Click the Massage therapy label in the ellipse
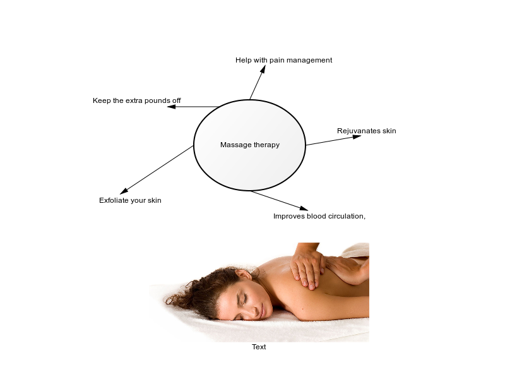[x=250, y=145]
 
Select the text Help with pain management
[x=283, y=60]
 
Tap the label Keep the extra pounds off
[x=137, y=100]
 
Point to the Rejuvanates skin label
[x=367, y=131]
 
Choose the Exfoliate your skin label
[x=130, y=200]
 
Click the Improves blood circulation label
[x=319, y=216]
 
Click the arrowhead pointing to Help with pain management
[x=263, y=69]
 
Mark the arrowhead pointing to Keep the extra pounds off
[x=171, y=107]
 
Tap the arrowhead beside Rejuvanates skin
[x=357, y=136]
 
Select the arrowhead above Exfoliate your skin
[x=124, y=191]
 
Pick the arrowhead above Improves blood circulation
[x=304, y=208]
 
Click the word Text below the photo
[x=259, y=347]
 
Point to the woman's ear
[x=244, y=275]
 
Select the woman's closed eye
[x=245, y=298]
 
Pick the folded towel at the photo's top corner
[x=356, y=250]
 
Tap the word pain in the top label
[x=277, y=60]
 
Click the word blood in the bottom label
[x=317, y=216]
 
